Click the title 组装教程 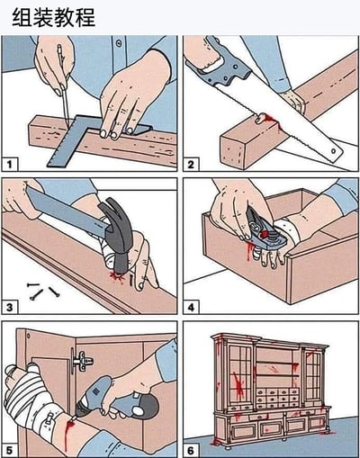coord(53,17)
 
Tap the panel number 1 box coord(10,164)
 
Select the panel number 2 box coord(191,164)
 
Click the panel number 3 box coord(10,307)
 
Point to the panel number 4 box coord(191,307)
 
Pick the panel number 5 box coord(10,450)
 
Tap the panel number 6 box coord(191,450)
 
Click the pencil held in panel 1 coord(63,84)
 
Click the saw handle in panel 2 coord(221,66)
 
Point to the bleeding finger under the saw coord(262,119)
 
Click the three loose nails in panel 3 coord(43,291)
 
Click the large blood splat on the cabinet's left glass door coord(239,385)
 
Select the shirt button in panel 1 coord(119,43)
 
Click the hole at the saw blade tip coord(333,151)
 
